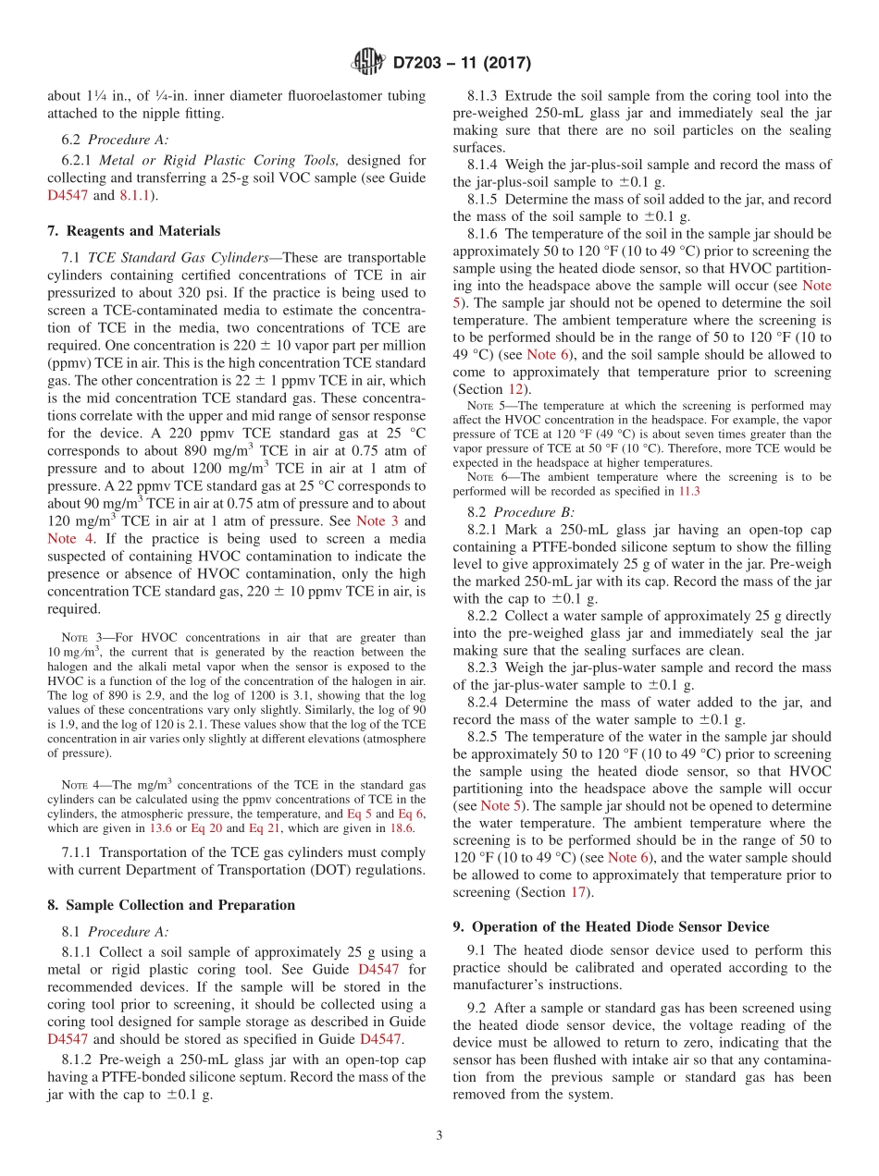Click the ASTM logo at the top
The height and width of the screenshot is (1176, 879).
(x=366, y=64)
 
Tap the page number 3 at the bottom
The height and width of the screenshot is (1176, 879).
(x=439, y=1136)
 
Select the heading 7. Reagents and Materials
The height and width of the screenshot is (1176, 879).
(x=133, y=231)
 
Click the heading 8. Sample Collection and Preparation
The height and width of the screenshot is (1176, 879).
(x=171, y=905)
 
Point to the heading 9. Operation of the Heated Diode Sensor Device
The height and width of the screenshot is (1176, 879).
(x=611, y=926)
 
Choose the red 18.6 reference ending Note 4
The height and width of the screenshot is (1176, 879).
(x=402, y=828)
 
